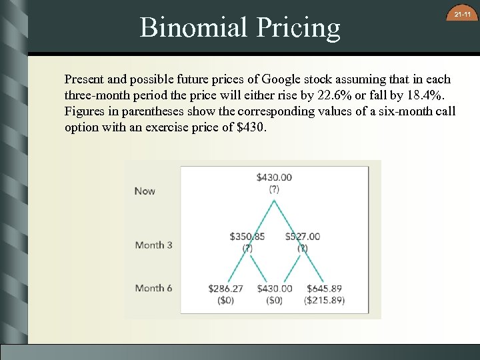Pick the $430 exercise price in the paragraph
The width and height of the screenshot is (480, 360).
pyautogui.click(x=251, y=127)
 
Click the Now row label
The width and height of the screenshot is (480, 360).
pyautogui.click(x=145, y=191)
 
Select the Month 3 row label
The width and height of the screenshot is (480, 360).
pyautogui.click(x=153, y=245)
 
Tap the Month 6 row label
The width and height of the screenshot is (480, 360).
pyautogui.click(x=153, y=288)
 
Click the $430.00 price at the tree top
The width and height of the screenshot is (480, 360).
pyautogui.click(x=274, y=177)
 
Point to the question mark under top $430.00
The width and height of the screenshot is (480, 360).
pyautogui.click(x=274, y=189)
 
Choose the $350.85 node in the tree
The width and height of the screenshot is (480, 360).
pyautogui.click(x=247, y=236)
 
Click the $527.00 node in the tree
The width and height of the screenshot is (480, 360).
pyautogui.click(x=303, y=236)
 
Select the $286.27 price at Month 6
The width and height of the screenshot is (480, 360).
pyautogui.click(x=226, y=289)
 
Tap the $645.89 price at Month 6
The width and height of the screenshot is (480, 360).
pyautogui.click(x=324, y=289)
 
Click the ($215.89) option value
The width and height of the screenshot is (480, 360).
pyautogui.click(x=324, y=300)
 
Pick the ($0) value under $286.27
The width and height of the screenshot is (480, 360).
pyautogui.click(x=226, y=300)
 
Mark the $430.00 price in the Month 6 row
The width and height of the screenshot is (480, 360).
pyautogui.click(x=274, y=289)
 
